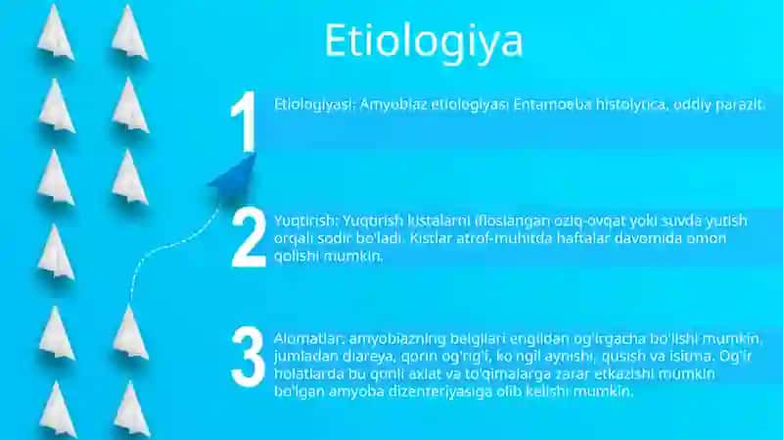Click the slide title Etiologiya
pyautogui.click(x=424, y=41)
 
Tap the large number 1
pyautogui.click(x=244, y=121)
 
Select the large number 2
pyautogui.click(x=249, y=238)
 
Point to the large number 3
pyautogui.click(x=249, y=357)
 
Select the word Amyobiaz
pyautogui.click(x=393, y=105)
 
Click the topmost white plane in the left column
pyautogui.click(x=56, y=33)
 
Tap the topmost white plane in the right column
pyautogui.click(x=129, y=33)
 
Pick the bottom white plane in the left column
pyautogui.click(x=58, y=410)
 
